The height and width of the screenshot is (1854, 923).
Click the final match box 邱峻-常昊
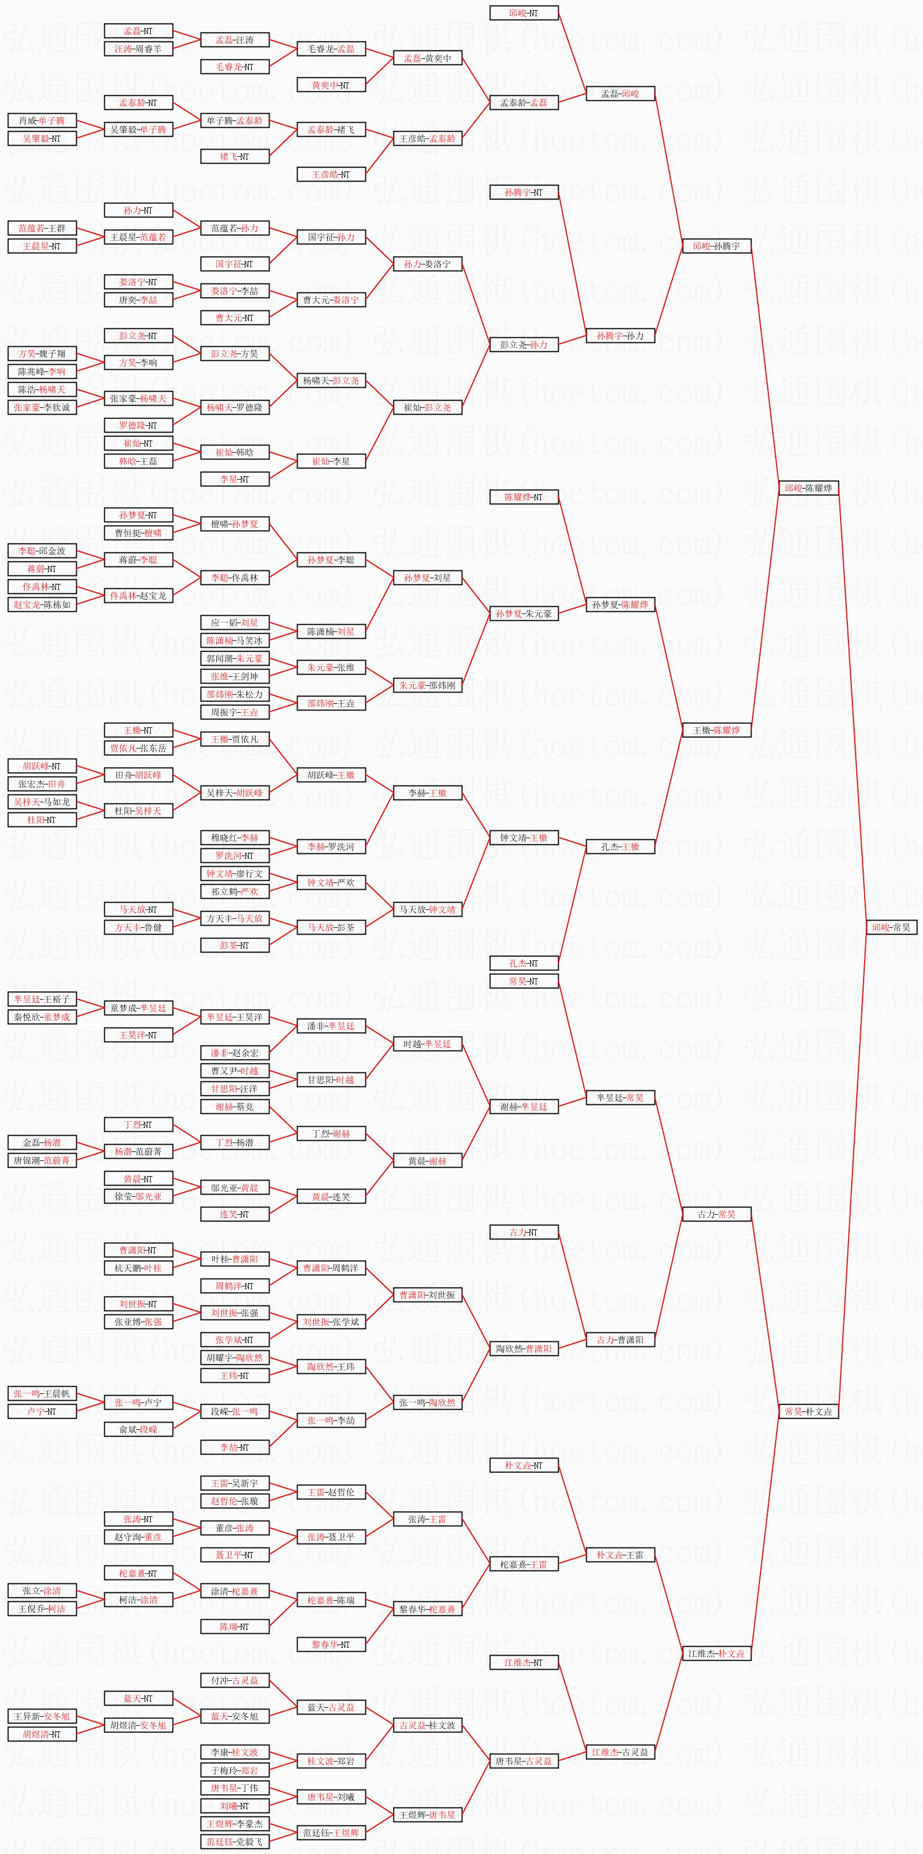890,927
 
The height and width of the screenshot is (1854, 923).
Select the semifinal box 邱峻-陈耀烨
808,488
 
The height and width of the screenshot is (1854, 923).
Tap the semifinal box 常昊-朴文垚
808,1411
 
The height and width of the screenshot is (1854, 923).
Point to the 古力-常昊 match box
716,1214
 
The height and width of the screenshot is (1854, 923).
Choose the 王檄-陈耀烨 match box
716,730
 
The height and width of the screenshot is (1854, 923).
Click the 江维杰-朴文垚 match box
716,1653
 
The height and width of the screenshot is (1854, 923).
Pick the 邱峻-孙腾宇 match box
716,246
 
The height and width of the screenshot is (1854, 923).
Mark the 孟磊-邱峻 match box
620,94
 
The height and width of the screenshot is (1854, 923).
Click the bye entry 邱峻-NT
523,13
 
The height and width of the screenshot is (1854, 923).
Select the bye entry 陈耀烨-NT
523,496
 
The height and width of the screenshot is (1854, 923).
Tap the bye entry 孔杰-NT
523,963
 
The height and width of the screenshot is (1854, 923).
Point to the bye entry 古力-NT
523,1232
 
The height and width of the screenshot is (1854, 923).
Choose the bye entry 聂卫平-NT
235,1555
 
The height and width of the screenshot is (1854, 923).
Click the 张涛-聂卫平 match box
331,1537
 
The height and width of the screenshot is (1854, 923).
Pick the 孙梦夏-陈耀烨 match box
620,605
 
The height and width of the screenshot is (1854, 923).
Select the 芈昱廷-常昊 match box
620,1098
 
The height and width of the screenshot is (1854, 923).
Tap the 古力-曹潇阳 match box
620,1340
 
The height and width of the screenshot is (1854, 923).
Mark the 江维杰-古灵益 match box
620,1752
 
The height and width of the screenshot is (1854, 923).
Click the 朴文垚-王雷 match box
620,1555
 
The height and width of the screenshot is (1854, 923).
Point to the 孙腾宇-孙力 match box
620,336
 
